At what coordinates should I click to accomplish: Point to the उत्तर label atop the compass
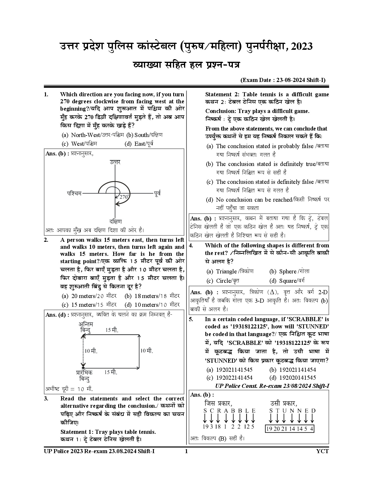coord(115,162)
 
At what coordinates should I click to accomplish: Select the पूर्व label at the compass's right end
coord(157,193)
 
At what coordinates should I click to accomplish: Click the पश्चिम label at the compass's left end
coord(74,193)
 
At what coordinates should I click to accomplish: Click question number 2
coord(46,240)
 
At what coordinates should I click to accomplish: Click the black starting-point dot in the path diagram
coord(83,368)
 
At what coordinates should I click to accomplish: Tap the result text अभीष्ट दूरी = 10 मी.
coord(69,389)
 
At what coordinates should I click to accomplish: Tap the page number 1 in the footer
coord(186,451)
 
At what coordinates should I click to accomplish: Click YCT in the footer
coord(323,451)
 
